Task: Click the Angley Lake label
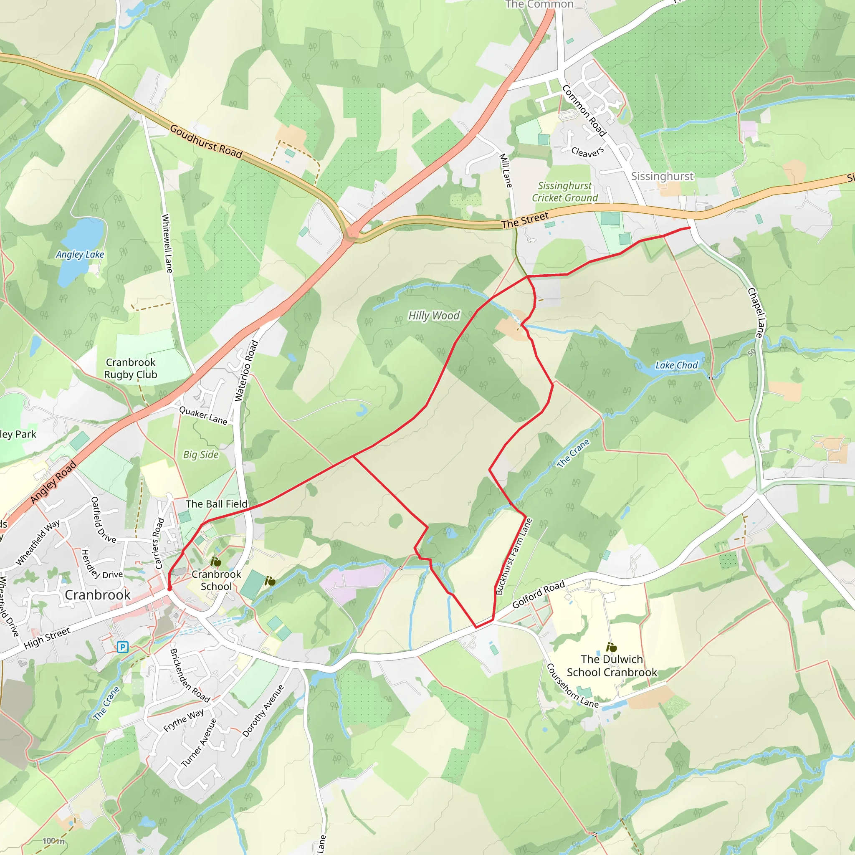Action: [80, 255]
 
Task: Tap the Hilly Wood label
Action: [434, 316]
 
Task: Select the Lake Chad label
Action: [676, 365]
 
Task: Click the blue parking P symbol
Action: [123, 648]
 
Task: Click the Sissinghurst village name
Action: [662, 176]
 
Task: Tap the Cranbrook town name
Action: [97, 595]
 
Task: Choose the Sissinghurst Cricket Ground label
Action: [565, 192]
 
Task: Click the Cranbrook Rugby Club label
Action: [131, 368]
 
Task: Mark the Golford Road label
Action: [538, 594]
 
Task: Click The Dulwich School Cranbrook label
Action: [612, 665]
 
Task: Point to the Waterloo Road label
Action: [245, 371]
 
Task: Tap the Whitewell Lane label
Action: [167, 243]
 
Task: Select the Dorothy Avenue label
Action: [263, 711]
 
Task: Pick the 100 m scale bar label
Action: [53, 841]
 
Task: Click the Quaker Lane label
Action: [203, 415]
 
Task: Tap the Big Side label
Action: [201, 455]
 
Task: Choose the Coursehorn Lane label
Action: [572, 686]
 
